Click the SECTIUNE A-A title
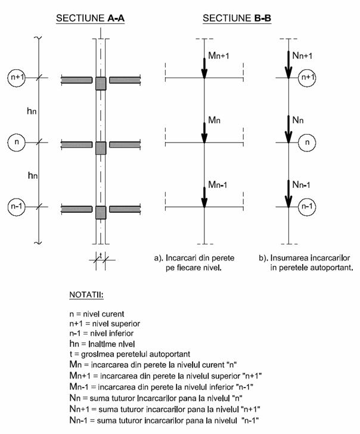(x=90, y=18)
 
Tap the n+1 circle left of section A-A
(x=16, y=77)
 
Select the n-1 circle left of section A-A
(x=16, y=207)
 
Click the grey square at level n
(x=101, y=147)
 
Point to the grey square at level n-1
(x=101, y=212)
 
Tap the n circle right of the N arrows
(x=307, y=142)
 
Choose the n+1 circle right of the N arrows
(x=307, y=77)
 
